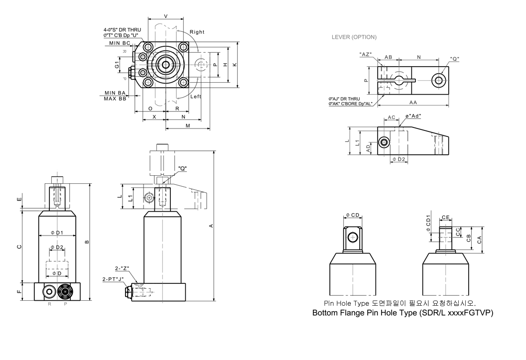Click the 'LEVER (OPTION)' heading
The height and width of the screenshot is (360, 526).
(x=354, y=37)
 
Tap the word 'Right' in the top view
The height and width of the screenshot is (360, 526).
(x=197, y=32)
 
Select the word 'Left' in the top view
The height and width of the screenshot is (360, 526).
(x=196, y=97)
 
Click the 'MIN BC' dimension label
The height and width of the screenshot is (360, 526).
(x=120, y=43)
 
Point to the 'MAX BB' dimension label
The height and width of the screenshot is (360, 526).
(x=115, y=99)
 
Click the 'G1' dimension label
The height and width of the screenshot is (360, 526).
(x=117, y=65)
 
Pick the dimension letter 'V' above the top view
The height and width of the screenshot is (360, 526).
(x=166, y=16)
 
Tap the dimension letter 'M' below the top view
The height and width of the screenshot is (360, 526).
(x=188, y=125)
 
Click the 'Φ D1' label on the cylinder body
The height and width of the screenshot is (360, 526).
(x=57, y=233)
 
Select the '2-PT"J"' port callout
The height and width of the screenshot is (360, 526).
(x=113, y=279)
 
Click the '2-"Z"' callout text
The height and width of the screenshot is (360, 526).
(x=122, y=268)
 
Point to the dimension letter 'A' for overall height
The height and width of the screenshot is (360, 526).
(x=211, y=226)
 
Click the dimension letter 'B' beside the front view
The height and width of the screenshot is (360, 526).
(x=87, y=241)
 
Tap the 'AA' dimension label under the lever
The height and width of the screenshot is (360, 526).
(x=413, y=103)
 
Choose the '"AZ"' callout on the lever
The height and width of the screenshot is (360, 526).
(x=366, y=54)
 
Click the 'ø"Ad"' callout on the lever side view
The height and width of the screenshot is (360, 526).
(x=413, y=116)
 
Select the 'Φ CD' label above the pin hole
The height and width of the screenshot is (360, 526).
(x=353, y=215)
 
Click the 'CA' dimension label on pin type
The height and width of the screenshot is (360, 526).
(x=479, y=240)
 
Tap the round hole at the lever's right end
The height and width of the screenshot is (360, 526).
(x=438, y=80)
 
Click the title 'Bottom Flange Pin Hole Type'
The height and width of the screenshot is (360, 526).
(x=365, y=313)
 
